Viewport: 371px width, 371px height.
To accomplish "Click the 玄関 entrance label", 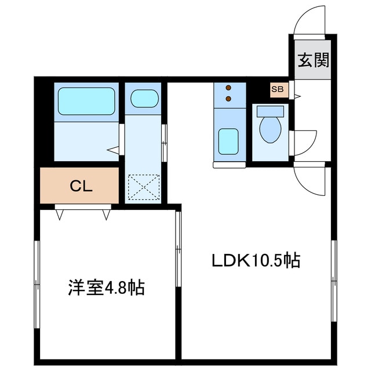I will pyautogui.click(x=314, y=60).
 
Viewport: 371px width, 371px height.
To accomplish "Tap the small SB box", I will pyautogui.click(x=277, y=90).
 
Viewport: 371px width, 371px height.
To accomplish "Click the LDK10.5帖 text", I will pyautogui.click(x=254, y=261).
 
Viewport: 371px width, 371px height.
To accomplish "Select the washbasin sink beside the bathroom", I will pyautogui.click(x=143, y=99).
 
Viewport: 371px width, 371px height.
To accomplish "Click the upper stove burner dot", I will pyautogui.click(x=227, y=89).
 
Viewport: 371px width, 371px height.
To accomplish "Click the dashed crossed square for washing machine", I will pyautogui.click(x=143, y=187).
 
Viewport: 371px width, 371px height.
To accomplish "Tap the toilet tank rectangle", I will pyautogui.click(x=271, y=110).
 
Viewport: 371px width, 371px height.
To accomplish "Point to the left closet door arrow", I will pyautogui.click(x=60, y=215).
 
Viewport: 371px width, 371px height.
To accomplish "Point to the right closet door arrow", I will pyautogui.click(x=106, y=215).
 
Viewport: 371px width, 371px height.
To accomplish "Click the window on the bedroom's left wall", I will pyautogui.click(x=37, y=284).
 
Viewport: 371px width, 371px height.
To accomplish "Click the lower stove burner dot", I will pyautogui.click(x=227, y=99).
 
